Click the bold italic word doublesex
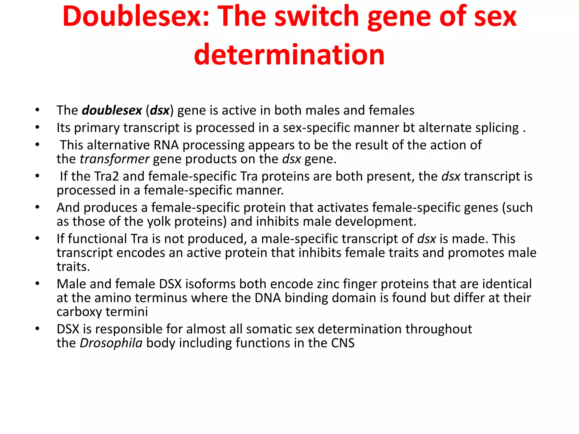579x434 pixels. pyautogui.click(x=112, y=110)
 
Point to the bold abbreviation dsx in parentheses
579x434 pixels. pyautogui.click(x=159, y=110)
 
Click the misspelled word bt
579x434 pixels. pyautogui.click(x=409, y=128)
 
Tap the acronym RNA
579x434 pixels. pyautogui.click(x=166, y=145)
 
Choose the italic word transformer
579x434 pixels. pyautogui.click(x=114, y=159)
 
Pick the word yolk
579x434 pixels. pyautogui.click(x=159, y=222)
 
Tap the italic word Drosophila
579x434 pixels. pyautogui.click(x=111, y=343)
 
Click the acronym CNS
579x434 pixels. pyautogui.click(x=343, y=343)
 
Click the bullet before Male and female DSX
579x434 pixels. pyautogui.click(x=37, y=284)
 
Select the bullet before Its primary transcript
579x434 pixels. pyautogui.click(x=37, y=128)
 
